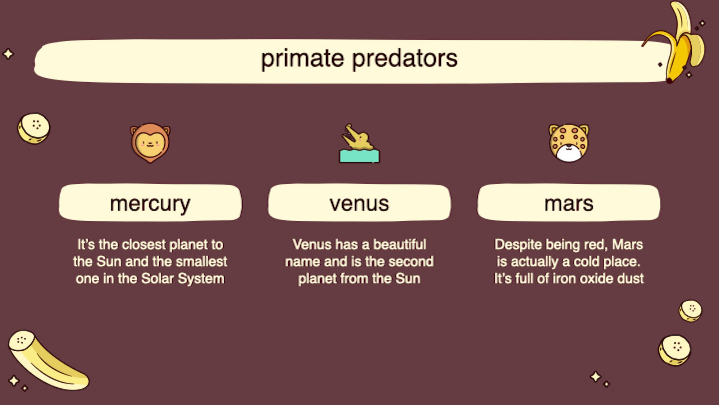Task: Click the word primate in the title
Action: [x=302, y=59]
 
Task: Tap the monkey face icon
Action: [x=150, y=143]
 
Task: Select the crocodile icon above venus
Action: [x=358, y=139]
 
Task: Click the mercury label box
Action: [x=150, y=203]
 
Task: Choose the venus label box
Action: [x=359, y=203]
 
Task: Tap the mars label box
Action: [x=569, y=203]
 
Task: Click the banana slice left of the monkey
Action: [x=34, y=128]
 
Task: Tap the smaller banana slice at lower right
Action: [x=690, y=310]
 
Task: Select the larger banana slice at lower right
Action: [x=674, y=350]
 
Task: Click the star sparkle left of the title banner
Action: [x=8, y=54]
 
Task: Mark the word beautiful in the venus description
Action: [x=399, y=245]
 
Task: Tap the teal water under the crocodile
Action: [x=359, y=157]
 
